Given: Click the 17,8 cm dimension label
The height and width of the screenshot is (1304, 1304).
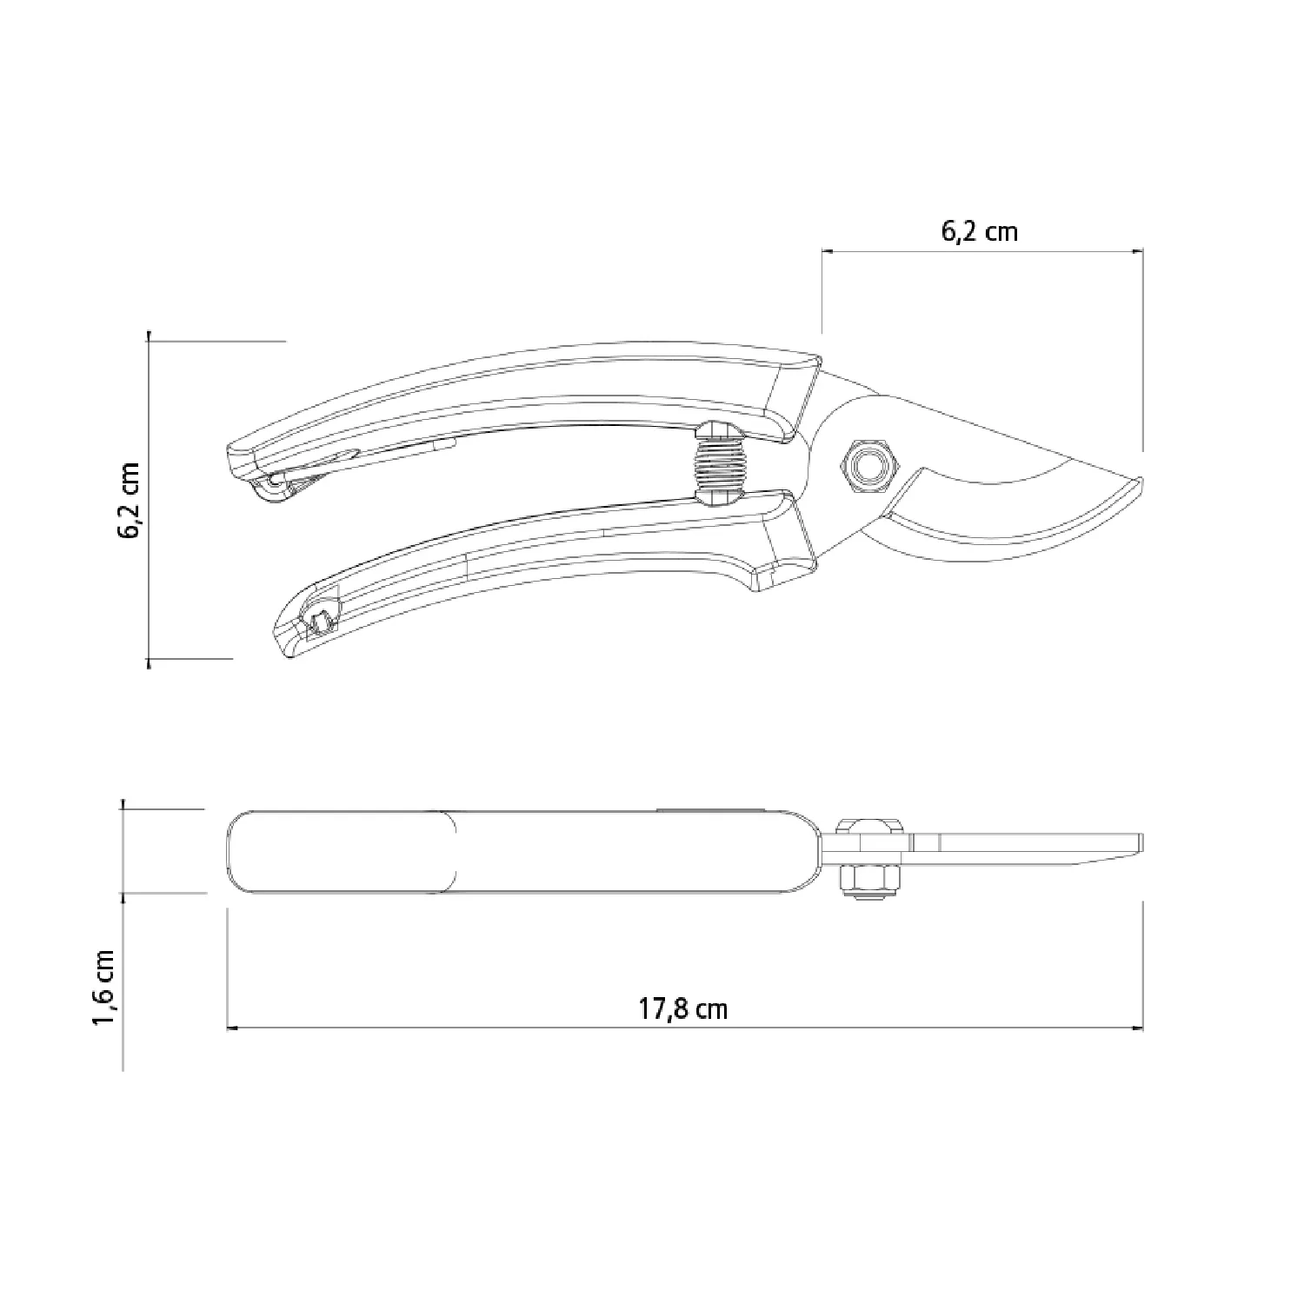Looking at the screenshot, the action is click(x=683, y=1008).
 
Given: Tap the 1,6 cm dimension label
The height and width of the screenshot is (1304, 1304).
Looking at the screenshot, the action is click(x=104, y=987).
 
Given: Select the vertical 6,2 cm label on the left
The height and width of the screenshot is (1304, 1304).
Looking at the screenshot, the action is click(x=130, y=501).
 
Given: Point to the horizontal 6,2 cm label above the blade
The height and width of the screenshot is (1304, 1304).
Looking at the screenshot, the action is click(x=979, y=230).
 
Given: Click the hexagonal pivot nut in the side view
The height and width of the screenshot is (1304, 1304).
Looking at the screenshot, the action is click(x=866, y=467).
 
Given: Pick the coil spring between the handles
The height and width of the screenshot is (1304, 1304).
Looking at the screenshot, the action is click(x=718, y=464).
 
